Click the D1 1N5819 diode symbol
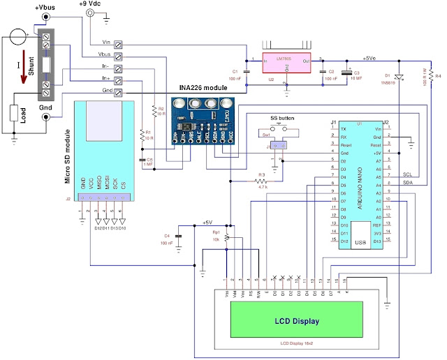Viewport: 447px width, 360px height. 399,77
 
